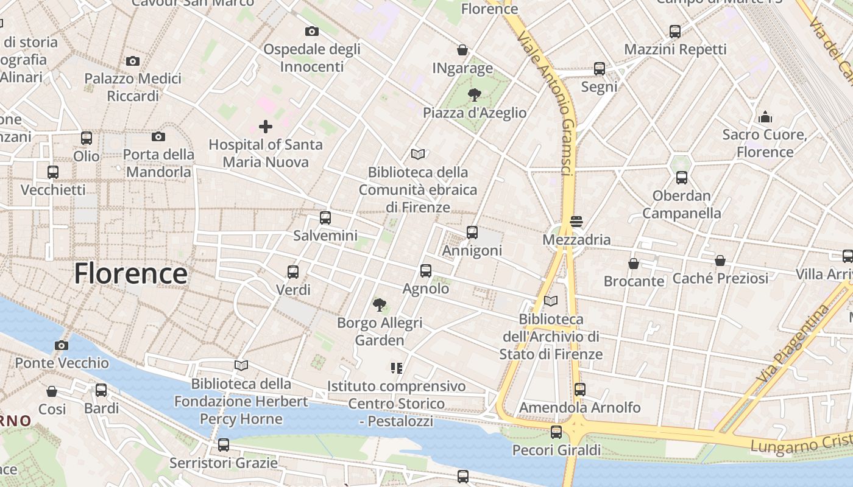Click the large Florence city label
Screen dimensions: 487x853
point(130,274)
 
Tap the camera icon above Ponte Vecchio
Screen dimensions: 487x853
point(61,346)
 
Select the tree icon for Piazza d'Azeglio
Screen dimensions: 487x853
point(474,94)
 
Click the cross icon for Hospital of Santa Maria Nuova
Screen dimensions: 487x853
point(266,127)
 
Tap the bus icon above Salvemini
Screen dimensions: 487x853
point(325,217)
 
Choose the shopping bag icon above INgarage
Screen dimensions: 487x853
point(462,50)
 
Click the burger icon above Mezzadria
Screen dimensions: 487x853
point(576,222)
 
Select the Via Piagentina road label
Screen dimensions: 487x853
point(793,344)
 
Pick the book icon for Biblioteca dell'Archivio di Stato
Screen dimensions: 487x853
point(551,301)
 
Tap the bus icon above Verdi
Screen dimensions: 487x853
point(293,272)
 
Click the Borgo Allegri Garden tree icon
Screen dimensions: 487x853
point(380,304)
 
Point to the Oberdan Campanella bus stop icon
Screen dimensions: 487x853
point(682,178)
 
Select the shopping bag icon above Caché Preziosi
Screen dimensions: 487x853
point(720,261)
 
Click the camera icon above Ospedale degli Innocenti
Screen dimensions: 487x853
point(311,31)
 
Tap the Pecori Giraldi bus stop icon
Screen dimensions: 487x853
point(556,432)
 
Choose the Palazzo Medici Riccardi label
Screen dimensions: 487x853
point(133,87)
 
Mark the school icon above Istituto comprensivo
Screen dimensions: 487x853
point(397,368)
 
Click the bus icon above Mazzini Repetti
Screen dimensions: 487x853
point(675,32)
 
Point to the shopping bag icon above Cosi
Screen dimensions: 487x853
point(52,391)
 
